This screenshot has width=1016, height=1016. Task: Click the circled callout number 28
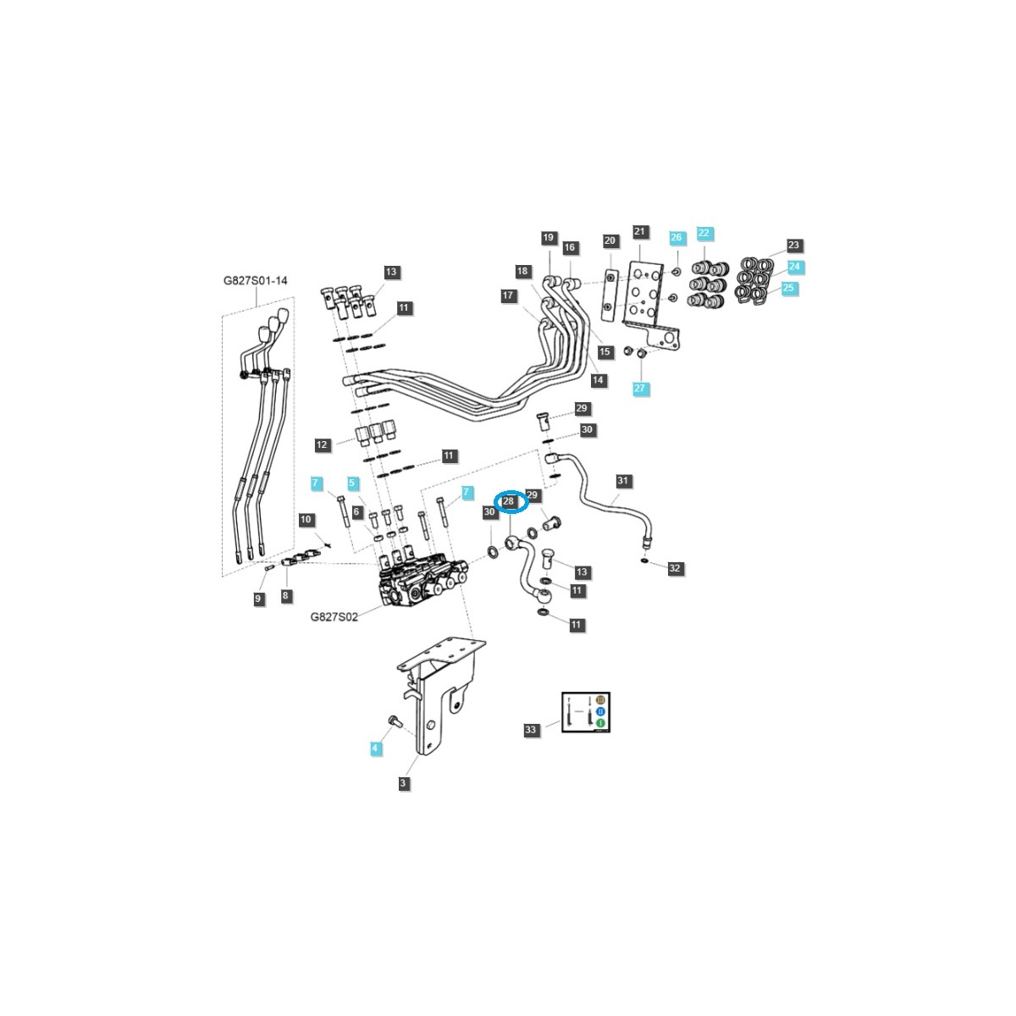pyautogui.click(x=509, y=501)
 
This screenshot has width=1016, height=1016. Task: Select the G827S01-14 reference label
pyautogui.click(x=255, y=280)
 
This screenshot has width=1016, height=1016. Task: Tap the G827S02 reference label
pyautogui.click(x=334, y=616)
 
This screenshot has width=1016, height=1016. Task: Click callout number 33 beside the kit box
pyautogui.click(x=531, y=729)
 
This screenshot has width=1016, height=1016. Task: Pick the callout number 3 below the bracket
pyautogui.click(x=403, y=783)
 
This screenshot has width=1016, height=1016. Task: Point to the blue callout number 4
pyautogui.click(x=376, y=748)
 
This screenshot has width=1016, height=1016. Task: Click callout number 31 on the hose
pyautogui.click(x=623, y=481)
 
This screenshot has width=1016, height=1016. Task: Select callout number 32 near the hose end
pyautogui.click(x=675, y=568)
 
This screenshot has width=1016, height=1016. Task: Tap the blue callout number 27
pyautogui.click(x=640, y=388)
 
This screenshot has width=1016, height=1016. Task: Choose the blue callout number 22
pyautogui.click(x=704, y=232)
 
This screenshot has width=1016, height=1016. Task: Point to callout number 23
pyautogui.click(x=793, y=246)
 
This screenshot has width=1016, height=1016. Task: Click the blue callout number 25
pyautogui.click(x=789, y=289)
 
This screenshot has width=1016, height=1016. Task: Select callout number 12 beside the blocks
pyautogui.click(x=322, y=444)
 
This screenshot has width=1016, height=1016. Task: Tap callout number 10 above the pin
pyautogui.click(x=306, y=519)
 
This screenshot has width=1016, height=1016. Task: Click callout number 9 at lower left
pyautogui.click(x=259, y=599)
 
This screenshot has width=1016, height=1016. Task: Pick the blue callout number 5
pyautogui.click(x=352, y=483)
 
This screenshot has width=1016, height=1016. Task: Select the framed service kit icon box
pyautogui.click(x=587, y=711)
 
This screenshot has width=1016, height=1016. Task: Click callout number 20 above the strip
pyautogui.click(x=610, y=240)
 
